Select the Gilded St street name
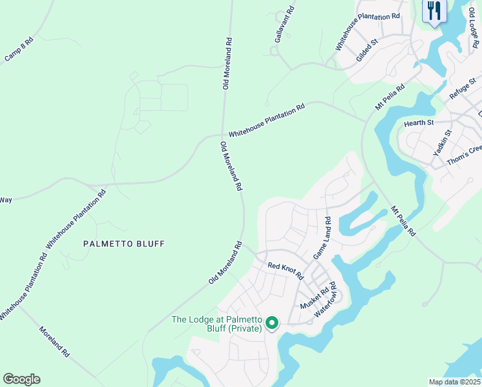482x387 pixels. tap(366, 51)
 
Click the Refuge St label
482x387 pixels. tap(462, 88)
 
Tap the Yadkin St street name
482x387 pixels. tap(443, 143)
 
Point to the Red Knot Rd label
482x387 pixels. tap(285, 270)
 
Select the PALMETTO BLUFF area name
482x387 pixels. tap(124, 244)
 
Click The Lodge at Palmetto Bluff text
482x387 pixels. tap(216, 324)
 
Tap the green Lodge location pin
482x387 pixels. tap(272, 322)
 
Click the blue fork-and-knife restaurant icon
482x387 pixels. tap(434, 11)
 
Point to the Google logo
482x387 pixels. tap(21, 379)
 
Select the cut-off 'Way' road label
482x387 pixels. tap(6, 200)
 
